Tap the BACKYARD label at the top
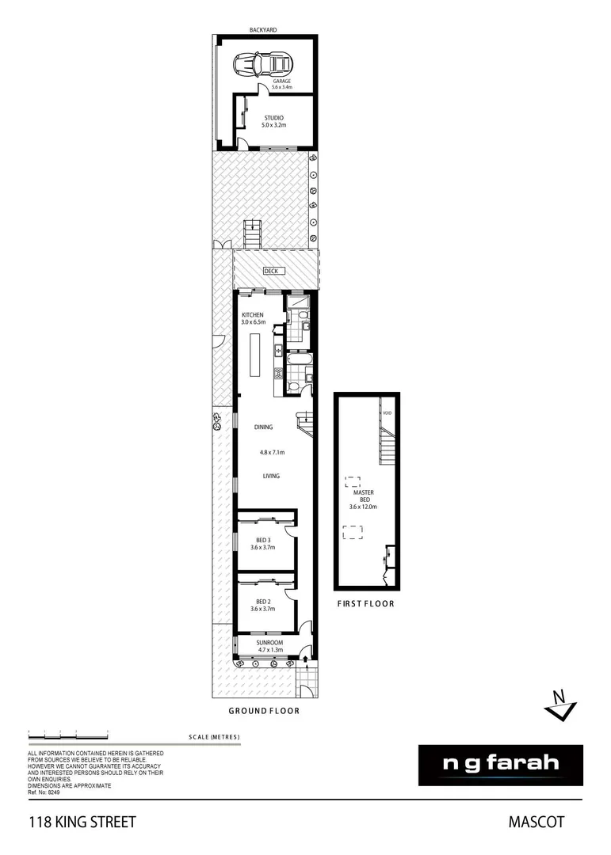click(x=265, y=29)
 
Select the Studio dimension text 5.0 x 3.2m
click(x=274, y=125)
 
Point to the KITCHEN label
click(x=252, y=315)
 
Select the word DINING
click(x=263, y=427)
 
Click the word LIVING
click(x=271, y=477)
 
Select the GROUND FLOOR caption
click(x=264, y=711)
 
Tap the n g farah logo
click(x=500, y=765)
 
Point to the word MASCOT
click(x=536, y=823)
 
